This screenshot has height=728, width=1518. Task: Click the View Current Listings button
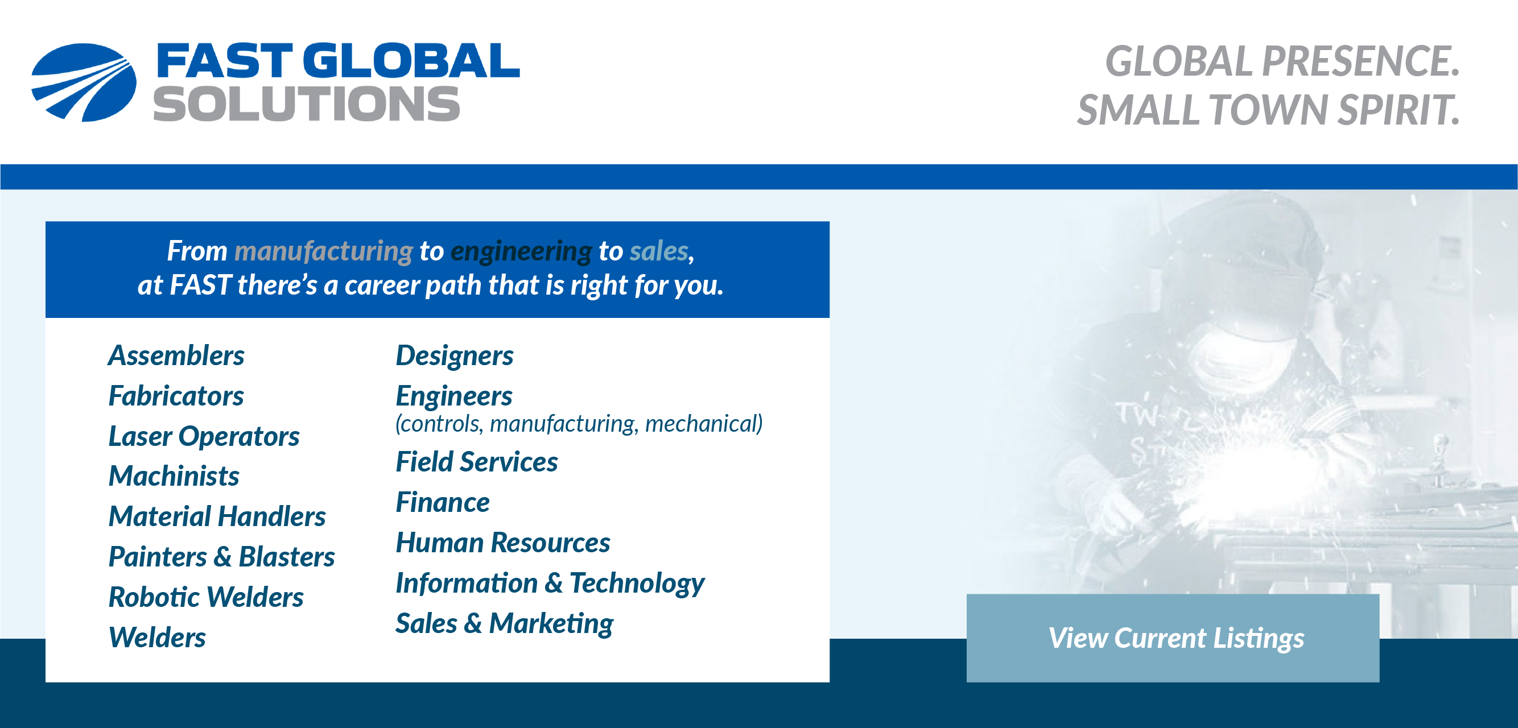1173,638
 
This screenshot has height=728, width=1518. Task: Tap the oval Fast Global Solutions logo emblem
84,82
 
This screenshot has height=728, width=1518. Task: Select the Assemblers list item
176,356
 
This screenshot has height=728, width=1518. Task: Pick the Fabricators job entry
176,396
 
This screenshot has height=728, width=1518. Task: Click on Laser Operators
204,436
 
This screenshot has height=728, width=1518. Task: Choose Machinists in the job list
174,476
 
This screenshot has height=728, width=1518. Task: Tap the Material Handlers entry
217,516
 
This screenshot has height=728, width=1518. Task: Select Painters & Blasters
221,557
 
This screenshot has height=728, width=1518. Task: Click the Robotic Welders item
205,597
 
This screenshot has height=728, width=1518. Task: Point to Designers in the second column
455,357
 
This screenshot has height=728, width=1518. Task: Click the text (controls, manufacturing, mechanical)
579,424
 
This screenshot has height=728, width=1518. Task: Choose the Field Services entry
476,462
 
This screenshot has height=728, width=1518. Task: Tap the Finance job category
443,502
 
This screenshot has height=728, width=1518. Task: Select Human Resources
502,543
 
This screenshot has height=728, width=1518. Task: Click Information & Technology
550,584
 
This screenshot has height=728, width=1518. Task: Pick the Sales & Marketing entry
504,624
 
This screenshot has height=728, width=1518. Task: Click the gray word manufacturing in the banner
324,251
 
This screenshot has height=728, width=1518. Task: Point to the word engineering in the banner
521,252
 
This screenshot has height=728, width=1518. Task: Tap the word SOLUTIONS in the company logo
307,104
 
